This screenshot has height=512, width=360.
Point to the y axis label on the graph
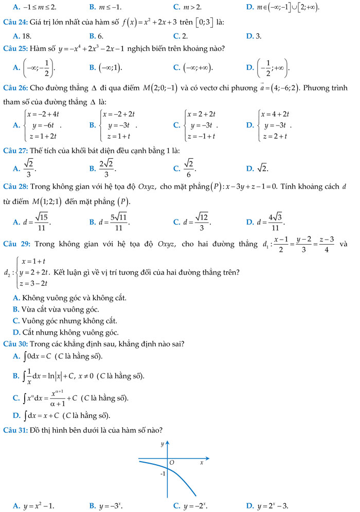tap(162, 443)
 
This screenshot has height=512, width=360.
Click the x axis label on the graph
tap(202, 463)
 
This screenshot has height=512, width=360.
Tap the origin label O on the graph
tap(172, 463)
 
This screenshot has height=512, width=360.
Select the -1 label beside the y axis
tap(163, 473)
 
